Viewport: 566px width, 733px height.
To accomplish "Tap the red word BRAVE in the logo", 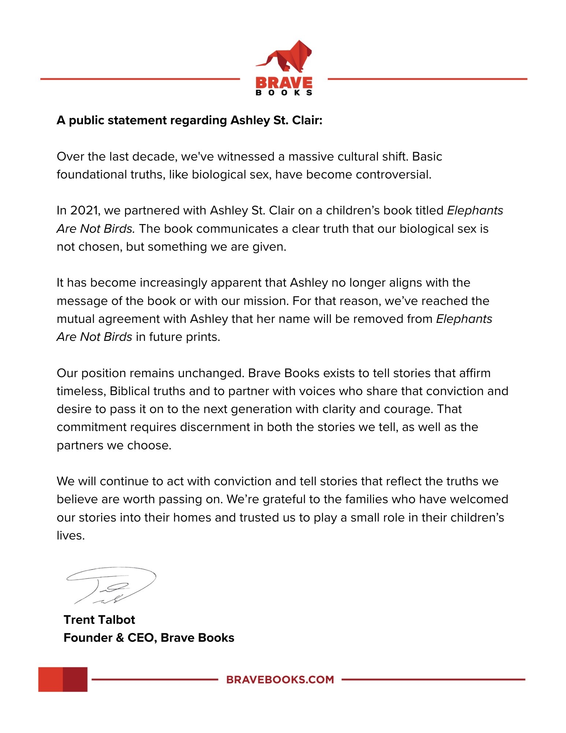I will pyautogui.click(x=284, y=82).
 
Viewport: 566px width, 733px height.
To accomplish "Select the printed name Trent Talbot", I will pyautogui.click(x=99, y=620).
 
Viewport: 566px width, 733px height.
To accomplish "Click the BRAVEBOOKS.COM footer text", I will pyautogui.click(x=280, y=679).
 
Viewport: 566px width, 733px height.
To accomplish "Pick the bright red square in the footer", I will pyautogui.click(x=51, y=679).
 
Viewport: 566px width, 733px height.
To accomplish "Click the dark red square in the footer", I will pyautogui.click(x=75, y=679).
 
